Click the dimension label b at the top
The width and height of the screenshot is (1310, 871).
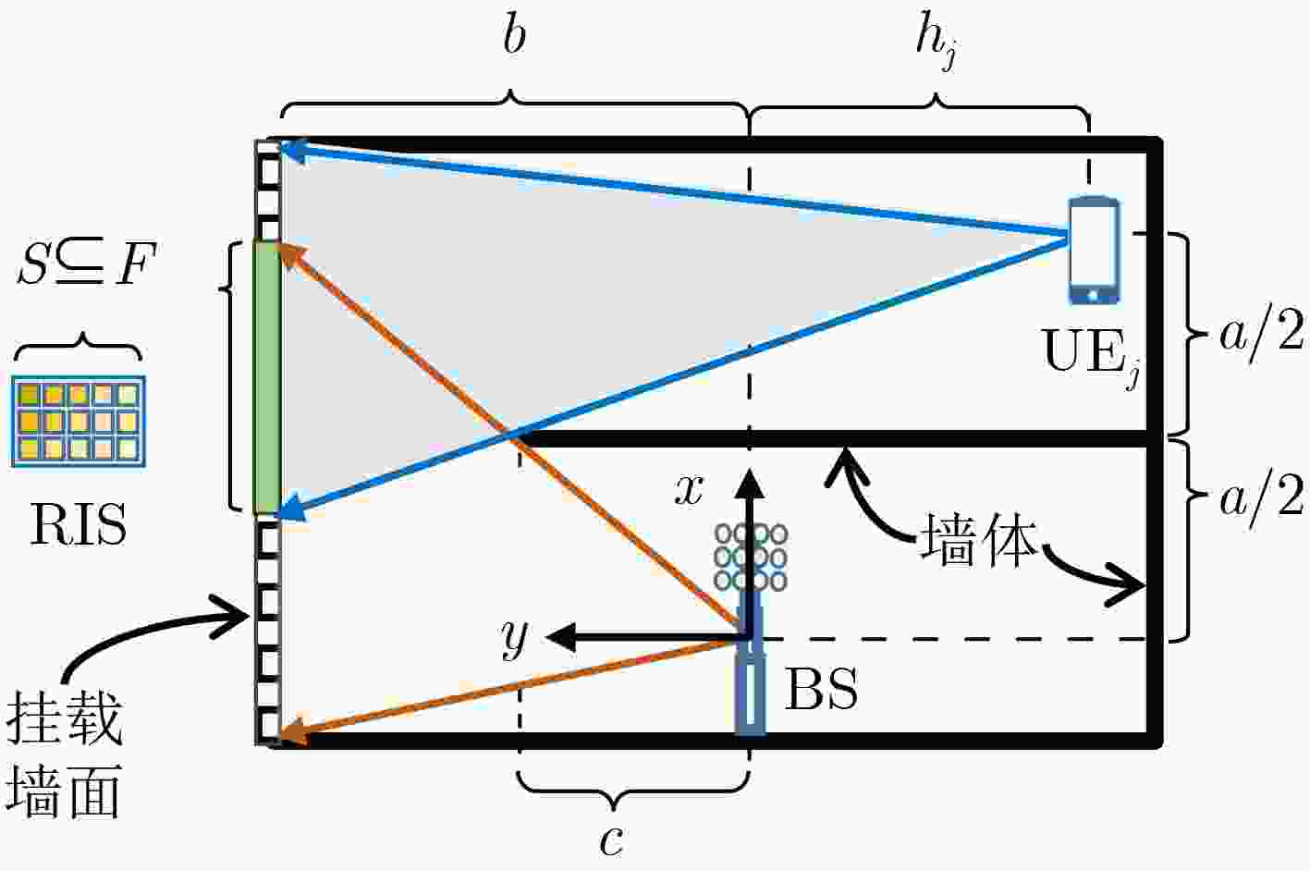[x=515, y=36]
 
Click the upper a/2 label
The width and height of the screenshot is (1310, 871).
[x=1262, y=331]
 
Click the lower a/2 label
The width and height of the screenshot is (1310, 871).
[x=1262, y=498]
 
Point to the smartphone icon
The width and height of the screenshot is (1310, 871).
[x=1094, y=251]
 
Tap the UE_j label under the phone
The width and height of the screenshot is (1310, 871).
[x=1091, y=353]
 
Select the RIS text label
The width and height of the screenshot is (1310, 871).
[x=79, y=524]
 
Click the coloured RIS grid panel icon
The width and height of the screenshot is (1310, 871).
[x=79, y=422]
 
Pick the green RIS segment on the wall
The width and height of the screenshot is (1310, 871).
[x=267, y=378]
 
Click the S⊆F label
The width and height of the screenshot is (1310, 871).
[x=87, y=264]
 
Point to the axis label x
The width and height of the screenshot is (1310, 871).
[x=689, y=490]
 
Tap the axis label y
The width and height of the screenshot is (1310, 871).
[x=515, y=639]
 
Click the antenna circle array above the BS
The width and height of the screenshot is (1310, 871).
[x=751, y=557]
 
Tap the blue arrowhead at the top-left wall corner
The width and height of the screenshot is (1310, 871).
[x=294, y=152]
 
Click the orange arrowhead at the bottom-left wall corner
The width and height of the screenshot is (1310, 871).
[x=295, y=731]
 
